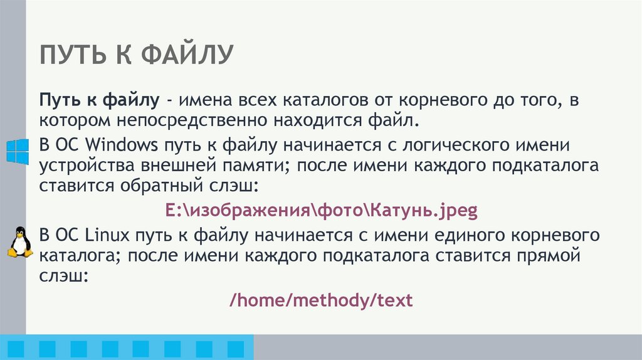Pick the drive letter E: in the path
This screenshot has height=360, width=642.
[x=172, y=210]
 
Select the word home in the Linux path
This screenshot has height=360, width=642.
[x=258, y=300]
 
